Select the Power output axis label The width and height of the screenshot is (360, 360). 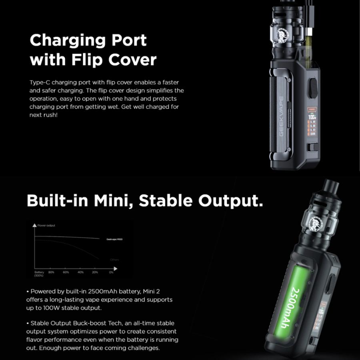46,226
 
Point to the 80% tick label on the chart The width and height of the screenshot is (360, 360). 51,272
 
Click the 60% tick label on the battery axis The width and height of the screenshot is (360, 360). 66,272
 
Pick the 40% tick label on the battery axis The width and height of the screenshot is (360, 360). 80,272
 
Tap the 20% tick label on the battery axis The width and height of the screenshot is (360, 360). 95,272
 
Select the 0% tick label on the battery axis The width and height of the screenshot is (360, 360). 111,272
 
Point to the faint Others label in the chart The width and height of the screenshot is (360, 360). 114,260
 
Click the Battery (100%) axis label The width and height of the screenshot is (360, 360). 39,274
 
